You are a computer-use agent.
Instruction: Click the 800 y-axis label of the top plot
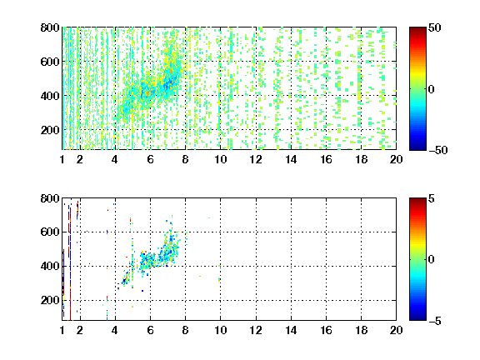[x=50, y=27]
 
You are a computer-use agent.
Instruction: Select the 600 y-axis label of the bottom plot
[x=50, y=232]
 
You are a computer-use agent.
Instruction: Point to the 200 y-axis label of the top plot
[x=50, y=130]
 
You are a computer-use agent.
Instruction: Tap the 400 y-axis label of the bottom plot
[x=50, y=266]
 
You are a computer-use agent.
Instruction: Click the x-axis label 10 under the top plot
[x=220, y=159]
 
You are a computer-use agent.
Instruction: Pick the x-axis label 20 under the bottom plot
[x=396, y=330]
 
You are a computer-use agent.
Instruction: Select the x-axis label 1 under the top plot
[x=62, y=159]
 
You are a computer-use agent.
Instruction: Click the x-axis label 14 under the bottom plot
[x=291, y=330]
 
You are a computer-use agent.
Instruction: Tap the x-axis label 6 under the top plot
[x=150, y=159]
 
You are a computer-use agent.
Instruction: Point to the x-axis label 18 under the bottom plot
[x=361, y=330]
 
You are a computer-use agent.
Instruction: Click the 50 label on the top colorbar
[x=434, y=27]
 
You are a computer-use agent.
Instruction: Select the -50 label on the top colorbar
[x=437, y=150]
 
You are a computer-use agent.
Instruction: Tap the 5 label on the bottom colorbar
[x=432, y=198]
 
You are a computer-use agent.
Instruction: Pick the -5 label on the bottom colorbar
[x=435, y=321]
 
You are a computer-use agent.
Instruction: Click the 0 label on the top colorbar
[x=432, y=89]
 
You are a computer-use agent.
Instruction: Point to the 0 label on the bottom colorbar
[x=432, y=260]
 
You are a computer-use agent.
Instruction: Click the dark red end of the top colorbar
[x=417, y=29]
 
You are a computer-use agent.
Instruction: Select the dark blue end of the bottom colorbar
[x=417, y=318]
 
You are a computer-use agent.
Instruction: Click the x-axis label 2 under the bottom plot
[x=80, y=330]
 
